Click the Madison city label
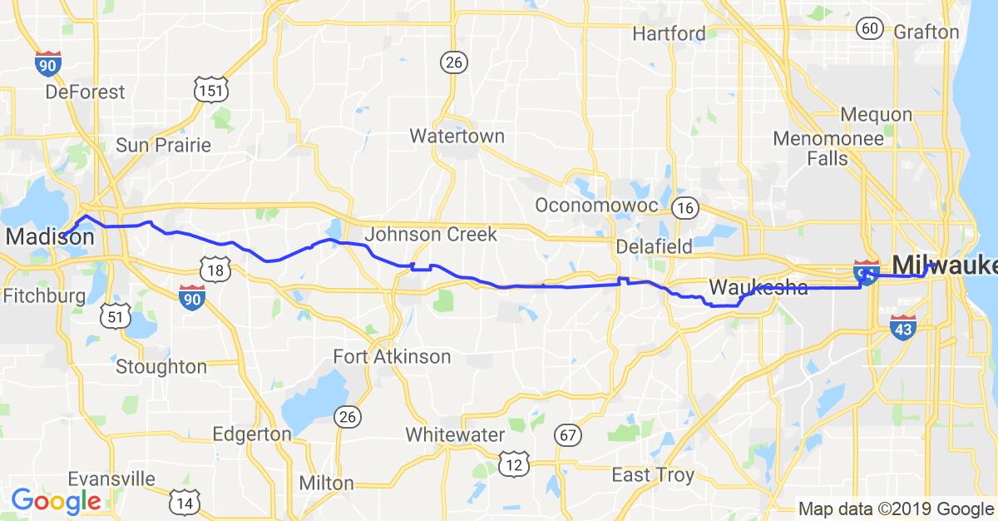coord(49,237)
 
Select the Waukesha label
coord(758,289)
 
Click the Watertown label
coord(457,136)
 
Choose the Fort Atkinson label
coord(392,357)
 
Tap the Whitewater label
coord(455,434)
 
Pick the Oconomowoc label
coord(597,205)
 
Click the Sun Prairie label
coord(163,145)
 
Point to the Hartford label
coord(669,34)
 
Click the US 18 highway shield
coord(215,268)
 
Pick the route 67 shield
coord(569,435)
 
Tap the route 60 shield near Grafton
coord(870,28)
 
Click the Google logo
coord(56,501)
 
